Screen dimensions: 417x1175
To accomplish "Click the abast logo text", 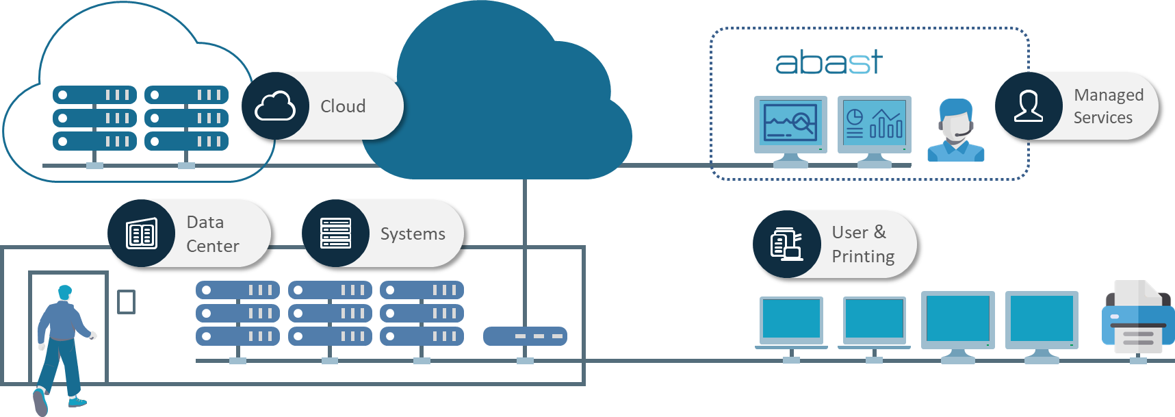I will pos(828,63).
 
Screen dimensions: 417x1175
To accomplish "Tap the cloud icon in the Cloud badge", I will pos(275,106).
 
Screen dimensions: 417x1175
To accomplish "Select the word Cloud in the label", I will pos(343,106).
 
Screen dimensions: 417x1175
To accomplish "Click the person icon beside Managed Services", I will pos(1029,106).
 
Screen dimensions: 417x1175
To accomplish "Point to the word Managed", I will pos(1109,94).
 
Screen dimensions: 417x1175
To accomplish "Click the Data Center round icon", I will pos(142,233).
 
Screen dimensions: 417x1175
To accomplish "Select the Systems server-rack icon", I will pos(336,233).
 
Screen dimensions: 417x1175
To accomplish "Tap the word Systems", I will pos(413,234).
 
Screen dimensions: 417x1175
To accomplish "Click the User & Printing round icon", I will pos(786,244).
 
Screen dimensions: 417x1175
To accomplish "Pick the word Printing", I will pos(863,256).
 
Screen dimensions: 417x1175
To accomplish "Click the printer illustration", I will pos(1137,318).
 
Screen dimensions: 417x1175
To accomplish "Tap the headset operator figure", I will pos(955,131).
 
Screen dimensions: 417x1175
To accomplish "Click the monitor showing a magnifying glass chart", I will pos(790,125).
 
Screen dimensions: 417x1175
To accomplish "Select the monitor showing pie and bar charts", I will pos(875,125).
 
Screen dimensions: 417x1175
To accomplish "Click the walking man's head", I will pos(65,292).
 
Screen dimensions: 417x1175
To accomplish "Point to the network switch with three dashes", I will pos(525,336).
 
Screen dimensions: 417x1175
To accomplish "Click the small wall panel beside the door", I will pos(127,301).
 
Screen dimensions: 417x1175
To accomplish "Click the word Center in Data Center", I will pos(213,246).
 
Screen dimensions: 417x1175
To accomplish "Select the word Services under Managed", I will pos(1102,118).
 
